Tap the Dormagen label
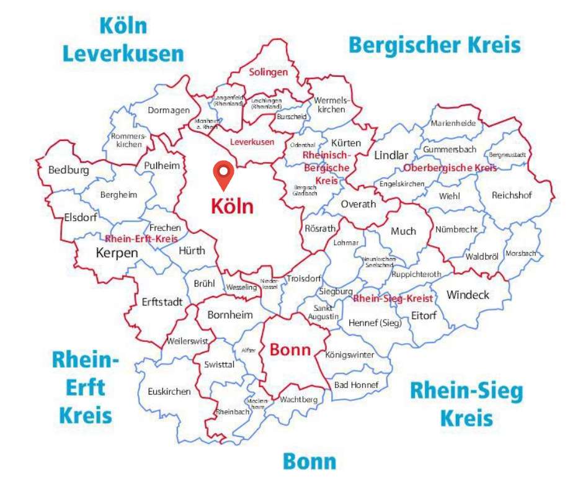pos(168,110)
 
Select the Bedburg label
pos(68,170)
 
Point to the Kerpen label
pos(117,253)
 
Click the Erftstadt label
pos(162,302)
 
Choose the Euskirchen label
pos(169,392)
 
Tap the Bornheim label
pos(230,315)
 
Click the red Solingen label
pos(269,72)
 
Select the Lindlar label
pos(391,155)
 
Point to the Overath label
pos(358,204)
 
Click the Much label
pos(403,231)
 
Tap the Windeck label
pos(468,294)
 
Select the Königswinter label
pos(350,355)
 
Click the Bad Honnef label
pos(356,385)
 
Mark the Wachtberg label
pos(298,399)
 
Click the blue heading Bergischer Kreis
pos(434,45)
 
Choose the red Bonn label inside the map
pos(290,349)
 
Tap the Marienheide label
pos(453,123)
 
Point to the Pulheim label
pos(161,166)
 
